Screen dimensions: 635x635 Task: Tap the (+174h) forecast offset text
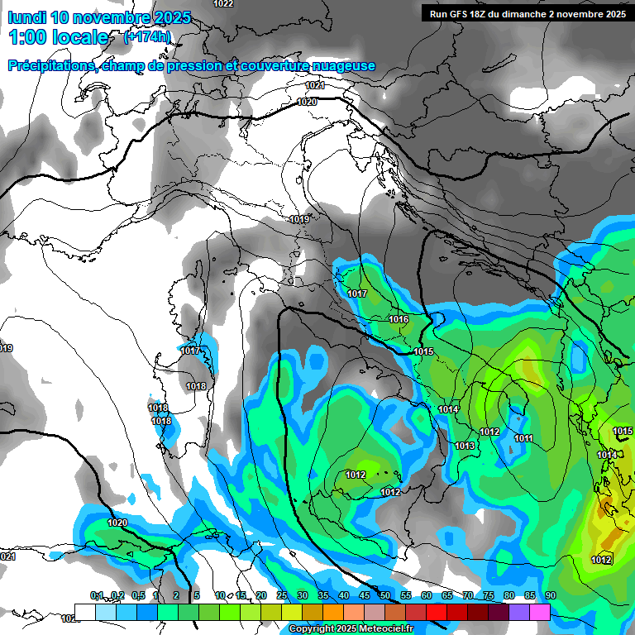pyautogui.click(x=147, y=37)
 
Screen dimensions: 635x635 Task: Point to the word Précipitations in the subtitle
pyautogui.click(x=50, y=66)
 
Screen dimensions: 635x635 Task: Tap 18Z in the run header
pyautogui.click(x=481, y=14)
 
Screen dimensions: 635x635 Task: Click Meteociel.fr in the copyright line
pyautogui.click(x=383, y=629)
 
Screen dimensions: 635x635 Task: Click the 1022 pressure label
pyautogui.click(x=223, y=4)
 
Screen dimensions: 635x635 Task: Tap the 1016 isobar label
pyautogui.click(x=399, y=320)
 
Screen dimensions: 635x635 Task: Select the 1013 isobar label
pyautogui.click(x=465, y=446)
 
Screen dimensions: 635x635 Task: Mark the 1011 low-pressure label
pyautogui.click(x=523, y=439)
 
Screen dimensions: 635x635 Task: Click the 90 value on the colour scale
pyautogui.click(x=550, y=596)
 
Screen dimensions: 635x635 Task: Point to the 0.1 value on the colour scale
pyautogui.click(x=96, y=596)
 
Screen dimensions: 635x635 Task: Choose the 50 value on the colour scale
pyautogui.click(x=384, y=596)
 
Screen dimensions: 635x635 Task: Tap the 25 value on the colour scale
pyautogui.click(x=281, y=596)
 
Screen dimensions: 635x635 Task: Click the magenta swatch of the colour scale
pyautogui.click(x=539, y=611)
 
